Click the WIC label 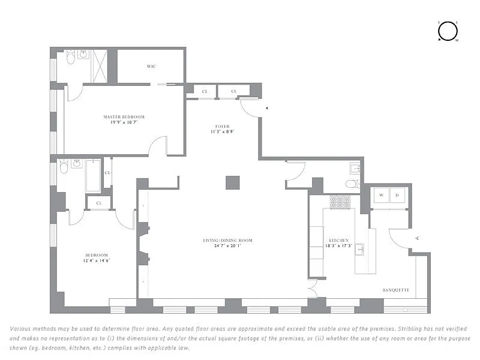point(151,66)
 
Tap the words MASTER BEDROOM point(124,116)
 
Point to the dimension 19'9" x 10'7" point(124,122)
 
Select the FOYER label point(223,127)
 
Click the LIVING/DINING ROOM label point(227,241)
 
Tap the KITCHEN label point(338,240)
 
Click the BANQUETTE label point(396,290)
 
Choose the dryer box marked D point(397,195)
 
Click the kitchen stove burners point(340,202)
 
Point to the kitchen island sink point(359,250)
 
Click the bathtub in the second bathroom point(93,175)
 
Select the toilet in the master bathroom point(70,58)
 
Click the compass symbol point(448,31)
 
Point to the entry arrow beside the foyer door point(267,108)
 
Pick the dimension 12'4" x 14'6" point(97,260)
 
